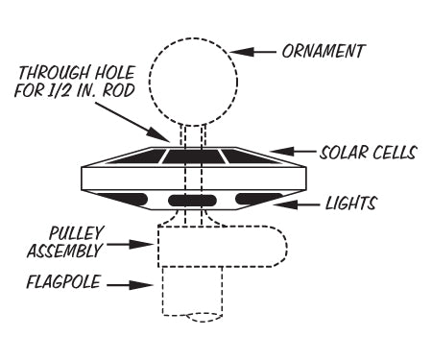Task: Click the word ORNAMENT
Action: (323, 50)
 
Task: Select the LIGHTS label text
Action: (351, 204)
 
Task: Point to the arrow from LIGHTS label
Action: (304, 204)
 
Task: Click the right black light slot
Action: (256, 198)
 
